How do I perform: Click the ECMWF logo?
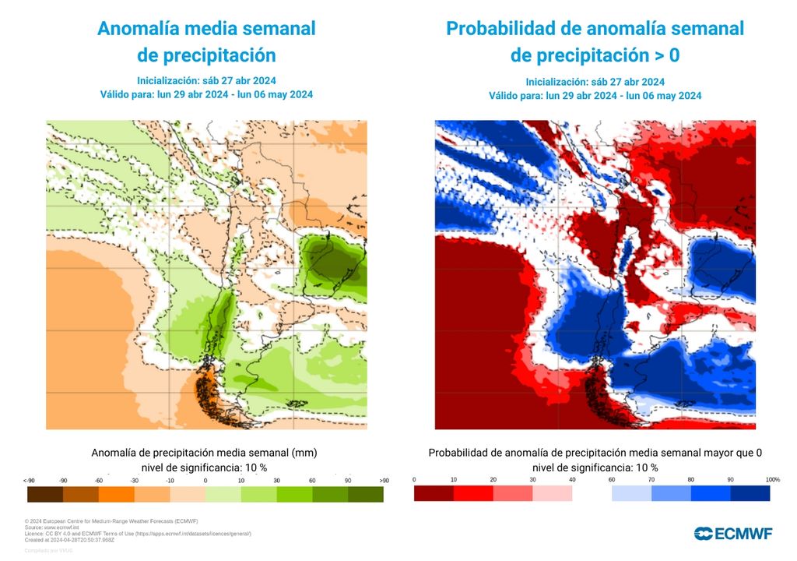tap(733, 533)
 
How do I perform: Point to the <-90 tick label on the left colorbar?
tap(30, 480)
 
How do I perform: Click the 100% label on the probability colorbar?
tap(772, 478)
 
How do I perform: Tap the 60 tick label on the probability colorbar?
tap(612, 478)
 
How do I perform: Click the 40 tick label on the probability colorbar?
tap(572, 478)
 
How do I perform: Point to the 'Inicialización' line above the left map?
tap(206, 80)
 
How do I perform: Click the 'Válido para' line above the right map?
tap(595, 96)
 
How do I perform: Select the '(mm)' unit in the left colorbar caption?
tap(306, 452)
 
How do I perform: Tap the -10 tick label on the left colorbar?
tap(170, 480)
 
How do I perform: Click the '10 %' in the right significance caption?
tap(646, 467)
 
